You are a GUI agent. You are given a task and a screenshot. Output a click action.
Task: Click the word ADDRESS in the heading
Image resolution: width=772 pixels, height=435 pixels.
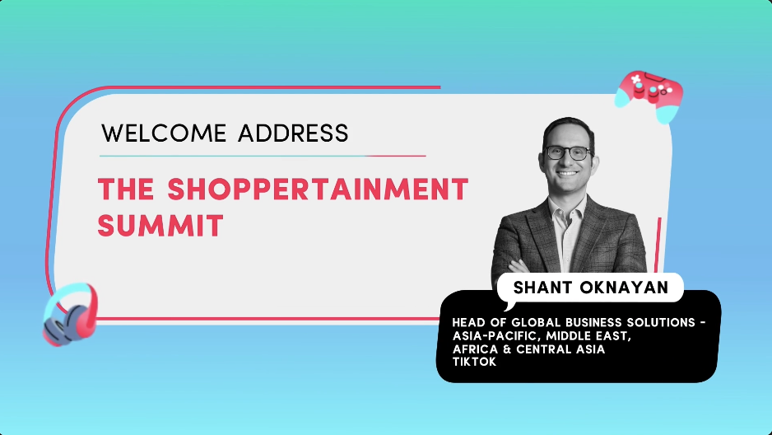(293, 133)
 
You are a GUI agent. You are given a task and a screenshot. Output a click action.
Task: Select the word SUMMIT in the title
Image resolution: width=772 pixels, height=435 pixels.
(160, 225)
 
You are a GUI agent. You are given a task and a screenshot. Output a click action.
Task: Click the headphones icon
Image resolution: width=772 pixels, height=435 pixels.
(69, 312)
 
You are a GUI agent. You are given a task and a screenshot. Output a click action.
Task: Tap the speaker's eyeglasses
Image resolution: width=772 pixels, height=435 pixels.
(568, 153)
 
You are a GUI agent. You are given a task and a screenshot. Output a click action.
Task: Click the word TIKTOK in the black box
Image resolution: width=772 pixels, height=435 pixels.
(474, 362)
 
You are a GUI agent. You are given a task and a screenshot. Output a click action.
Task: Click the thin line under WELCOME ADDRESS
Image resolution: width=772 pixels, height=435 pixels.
(263, 156)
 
